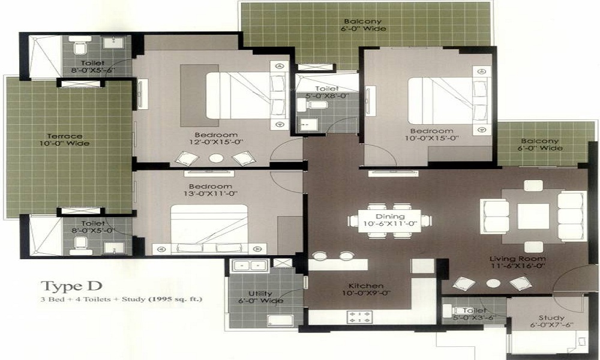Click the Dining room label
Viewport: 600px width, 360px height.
click(391, 217)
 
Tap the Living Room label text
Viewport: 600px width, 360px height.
click(518, 259)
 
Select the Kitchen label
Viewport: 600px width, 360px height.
click(366, 286)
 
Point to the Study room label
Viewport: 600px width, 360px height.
click(551, 317)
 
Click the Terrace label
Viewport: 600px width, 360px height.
click(65, 136)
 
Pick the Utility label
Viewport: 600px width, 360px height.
click(260, 293)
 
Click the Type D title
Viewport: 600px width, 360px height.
click(71, 286)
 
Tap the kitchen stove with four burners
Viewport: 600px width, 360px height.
click(359, 317)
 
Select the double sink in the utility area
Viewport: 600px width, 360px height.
click(250, 266)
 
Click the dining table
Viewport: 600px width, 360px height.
click(390, 221)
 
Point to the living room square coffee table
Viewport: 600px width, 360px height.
click(533, 216)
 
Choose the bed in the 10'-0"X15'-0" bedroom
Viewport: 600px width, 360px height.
click(440, 101)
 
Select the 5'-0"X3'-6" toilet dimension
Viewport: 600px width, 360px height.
click(475, 317)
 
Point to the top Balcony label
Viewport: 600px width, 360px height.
click(363, 22)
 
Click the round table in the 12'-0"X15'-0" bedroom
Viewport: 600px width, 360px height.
click(216, 158)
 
